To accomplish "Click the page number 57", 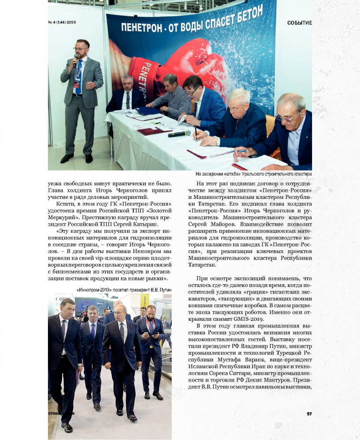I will coord(309,414).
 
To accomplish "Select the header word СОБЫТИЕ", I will coord(299,22).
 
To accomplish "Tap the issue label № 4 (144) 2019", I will coord(62,22).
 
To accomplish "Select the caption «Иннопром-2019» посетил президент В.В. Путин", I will coord(124,290).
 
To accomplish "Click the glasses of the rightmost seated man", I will coord(287,117).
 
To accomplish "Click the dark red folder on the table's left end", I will coord(153,131).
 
